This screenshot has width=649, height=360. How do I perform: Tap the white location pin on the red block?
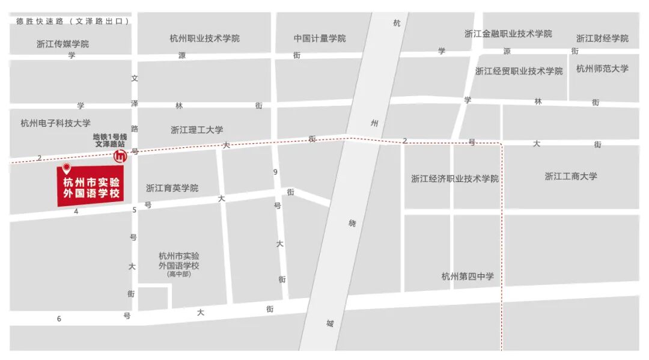coord(67,168)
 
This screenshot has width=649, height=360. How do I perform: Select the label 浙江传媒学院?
coord(62,44)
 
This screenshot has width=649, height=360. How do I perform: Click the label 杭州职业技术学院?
coord(205,38)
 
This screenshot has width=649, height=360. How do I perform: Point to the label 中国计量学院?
coord(320,38)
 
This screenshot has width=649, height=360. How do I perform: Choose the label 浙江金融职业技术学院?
coord(508,34)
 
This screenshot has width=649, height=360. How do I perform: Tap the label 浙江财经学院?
coord(603,38)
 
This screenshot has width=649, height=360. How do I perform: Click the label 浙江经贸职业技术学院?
coord(519,71)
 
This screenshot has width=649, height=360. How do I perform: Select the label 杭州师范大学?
coord(602,69)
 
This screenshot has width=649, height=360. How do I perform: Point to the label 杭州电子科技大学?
coord(55,123)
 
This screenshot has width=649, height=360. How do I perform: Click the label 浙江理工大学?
coord(197,130)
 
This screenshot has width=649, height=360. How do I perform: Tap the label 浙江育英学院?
coord(172,188)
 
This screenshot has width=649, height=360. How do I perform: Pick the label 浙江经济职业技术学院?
coord(455,178)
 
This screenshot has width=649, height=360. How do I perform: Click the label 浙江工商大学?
coord(571,176)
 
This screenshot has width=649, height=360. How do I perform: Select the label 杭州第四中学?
coord(468,276)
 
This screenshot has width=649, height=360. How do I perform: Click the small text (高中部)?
coord(178,274)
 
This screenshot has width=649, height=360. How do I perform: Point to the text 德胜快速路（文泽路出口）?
coord(73,21)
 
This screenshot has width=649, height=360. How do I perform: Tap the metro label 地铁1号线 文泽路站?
coord(109,141)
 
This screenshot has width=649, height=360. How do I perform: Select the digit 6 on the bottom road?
coord(59,319)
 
